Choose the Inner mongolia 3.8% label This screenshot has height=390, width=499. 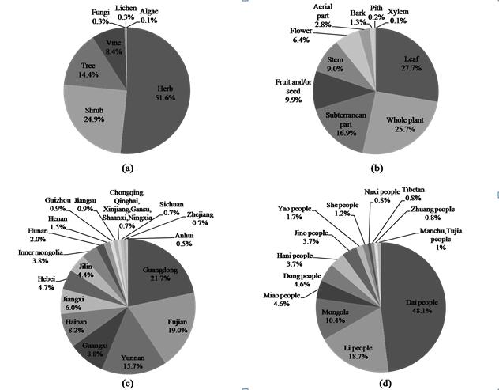click(40, 255)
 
